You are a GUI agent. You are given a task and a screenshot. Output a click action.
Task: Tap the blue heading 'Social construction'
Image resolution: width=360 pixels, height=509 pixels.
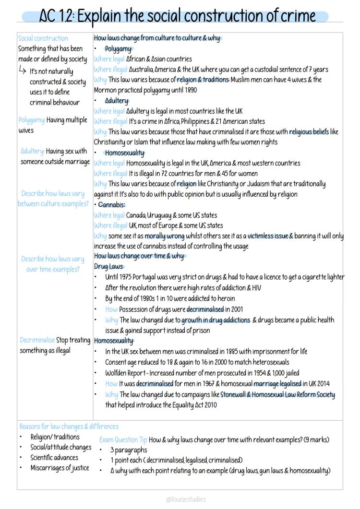[x=43, y=38]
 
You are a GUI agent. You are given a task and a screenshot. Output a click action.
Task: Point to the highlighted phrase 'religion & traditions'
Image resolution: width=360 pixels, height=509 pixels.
[x=203, y=80]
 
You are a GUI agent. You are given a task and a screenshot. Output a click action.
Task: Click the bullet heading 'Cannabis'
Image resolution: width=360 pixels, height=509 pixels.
[x=112, y=205]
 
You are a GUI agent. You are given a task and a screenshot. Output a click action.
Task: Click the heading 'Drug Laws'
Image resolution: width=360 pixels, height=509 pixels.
[x=108, y=267]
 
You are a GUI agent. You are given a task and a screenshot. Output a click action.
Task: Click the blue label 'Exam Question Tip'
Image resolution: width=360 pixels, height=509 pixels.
[x=123, y=439]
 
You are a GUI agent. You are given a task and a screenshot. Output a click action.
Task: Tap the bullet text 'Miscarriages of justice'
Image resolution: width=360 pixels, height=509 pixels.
[x=60, y=468]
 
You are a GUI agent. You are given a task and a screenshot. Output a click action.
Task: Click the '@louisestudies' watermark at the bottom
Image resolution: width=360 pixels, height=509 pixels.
[x=186, y=499]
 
